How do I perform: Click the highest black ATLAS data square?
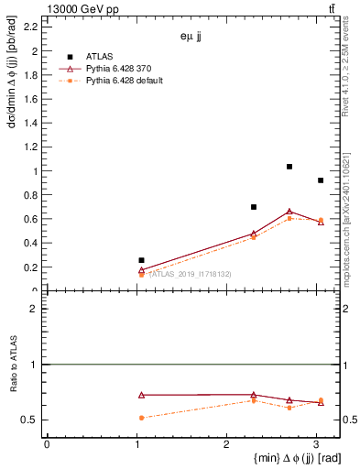click(289, 167)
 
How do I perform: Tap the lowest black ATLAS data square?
click(141, 260)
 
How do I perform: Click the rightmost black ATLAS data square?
click(320, 180)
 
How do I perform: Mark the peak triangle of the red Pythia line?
click(289, 212)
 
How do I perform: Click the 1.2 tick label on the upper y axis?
click(31, 147)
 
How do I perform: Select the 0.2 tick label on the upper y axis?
click(31, 267)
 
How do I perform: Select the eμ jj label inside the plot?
click(192, 37)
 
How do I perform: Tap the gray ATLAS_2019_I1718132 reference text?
click(190, 274)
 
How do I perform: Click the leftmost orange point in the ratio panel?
click(141, 418)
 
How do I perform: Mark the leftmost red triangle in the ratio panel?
click(141, 395)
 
